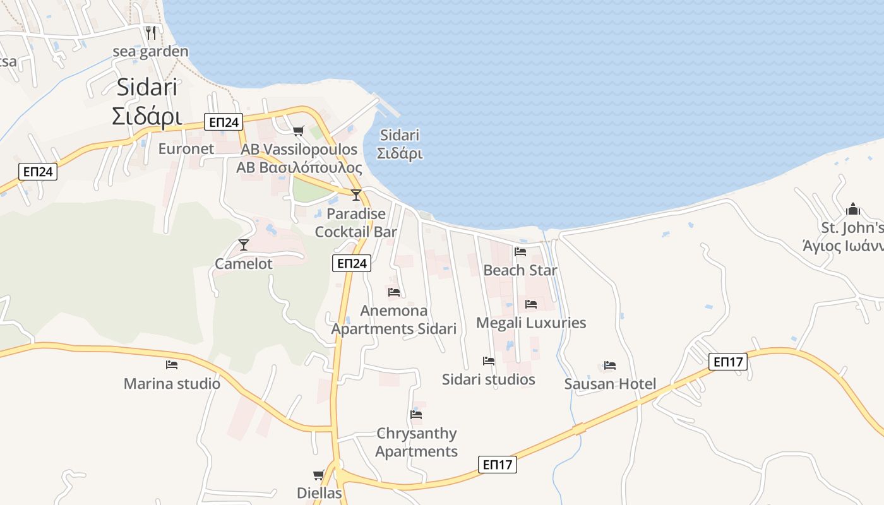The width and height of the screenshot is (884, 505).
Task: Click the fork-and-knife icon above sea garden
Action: pyautogui.click(x=151, y=32)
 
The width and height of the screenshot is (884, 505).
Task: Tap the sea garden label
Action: pyautogui.click(x=150, y=51)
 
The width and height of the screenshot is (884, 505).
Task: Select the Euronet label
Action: pyautogui.click(x=186, y=149)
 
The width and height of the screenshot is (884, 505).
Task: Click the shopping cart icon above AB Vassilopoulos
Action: pyautogui.click(x=298, y=131)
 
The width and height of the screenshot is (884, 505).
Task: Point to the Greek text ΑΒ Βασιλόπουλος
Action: pyautogui.click(x=299, y=167)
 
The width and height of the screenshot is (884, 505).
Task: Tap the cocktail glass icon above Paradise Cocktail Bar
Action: pyautogui.click(x=356, y=194)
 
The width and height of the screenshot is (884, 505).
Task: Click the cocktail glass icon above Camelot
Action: pyautogui.click(x=244, y=244)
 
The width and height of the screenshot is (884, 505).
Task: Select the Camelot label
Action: pyautogui.click(x=244, y=263)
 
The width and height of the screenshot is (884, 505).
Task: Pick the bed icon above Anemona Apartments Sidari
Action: pyautogui.click(x=394, y=292)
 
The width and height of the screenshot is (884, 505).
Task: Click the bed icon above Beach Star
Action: pyautogui.click(x=520, y=251)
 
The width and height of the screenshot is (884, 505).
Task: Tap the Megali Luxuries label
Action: pyautogui.click(x=530, y=323)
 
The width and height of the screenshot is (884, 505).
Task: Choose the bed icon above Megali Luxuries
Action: pyautogui.click(x=531, y=304)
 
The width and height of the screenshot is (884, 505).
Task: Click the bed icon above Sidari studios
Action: pyautogui.click(x=489, y=360)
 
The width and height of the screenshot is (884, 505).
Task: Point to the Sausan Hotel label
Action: pyautogui.click(x=610, y=384)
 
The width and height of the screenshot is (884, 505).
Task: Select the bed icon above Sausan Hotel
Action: pyautogui.click(x=610, y=365)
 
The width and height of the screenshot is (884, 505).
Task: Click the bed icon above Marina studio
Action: pyautogui.click(x=172, y=364)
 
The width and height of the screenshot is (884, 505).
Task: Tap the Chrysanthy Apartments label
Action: pyautogui.click(x=417, y=442)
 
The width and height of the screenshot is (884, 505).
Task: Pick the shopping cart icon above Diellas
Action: pyautogui.click(x=319, y=475)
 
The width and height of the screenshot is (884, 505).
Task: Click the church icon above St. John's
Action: pyautogui.click(x=853, y=208)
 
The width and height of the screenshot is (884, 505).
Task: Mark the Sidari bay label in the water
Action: pyautogui.click(x=400, y=144)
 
